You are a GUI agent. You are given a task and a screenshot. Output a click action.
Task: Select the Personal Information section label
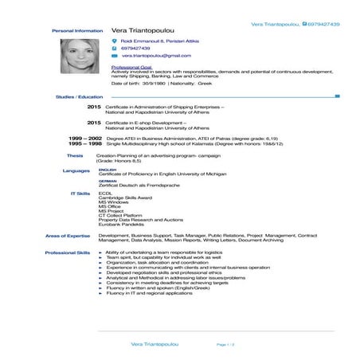tap(77, 31)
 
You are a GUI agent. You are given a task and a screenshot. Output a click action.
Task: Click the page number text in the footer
tap(225, 344)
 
